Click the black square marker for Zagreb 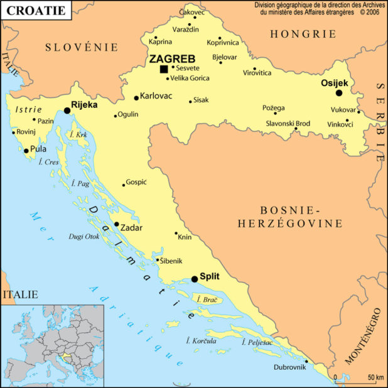click(x=164, y=69)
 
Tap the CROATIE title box click(x=35, y=11)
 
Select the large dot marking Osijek click(x=339, y=93)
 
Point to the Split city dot click(x=195, y=279)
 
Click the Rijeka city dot click(x=67, y=110)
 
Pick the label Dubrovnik click(x=289, y=367)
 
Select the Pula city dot click(x=26, y=151)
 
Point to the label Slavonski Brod click(x=288, y=124)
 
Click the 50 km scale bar click(x=359, y=379)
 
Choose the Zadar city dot click(x=116, y=224)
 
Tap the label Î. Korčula click(x=201, y=341)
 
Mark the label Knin click(x=185, y=237)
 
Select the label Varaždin click(x=185, y=30)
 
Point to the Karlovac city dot click(x=136, y=98)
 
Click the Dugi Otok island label click(x=84, y=237)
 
